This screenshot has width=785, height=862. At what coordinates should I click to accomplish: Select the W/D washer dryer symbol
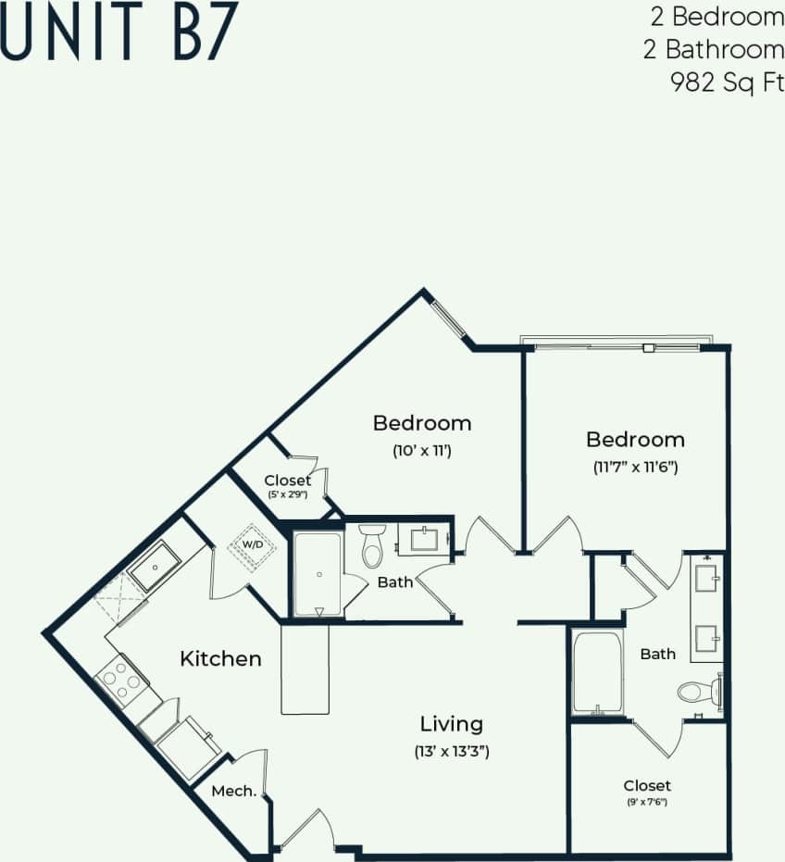(252, 544)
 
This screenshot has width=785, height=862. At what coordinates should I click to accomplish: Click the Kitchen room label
(220, 659)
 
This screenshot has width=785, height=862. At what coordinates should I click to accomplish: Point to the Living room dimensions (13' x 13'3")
(451, 752)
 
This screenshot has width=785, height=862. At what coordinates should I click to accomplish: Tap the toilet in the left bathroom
(372, 546)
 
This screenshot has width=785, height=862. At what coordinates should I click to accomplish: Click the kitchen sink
(155, 567)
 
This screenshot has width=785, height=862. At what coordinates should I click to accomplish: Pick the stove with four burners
(120, 681)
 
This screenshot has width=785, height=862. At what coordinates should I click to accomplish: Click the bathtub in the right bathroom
(597, 672)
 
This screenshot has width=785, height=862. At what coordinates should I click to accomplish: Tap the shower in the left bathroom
(318, 574)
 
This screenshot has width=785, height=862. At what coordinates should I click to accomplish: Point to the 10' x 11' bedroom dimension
(421, 452)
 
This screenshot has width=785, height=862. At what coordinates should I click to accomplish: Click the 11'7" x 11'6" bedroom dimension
(635, 468)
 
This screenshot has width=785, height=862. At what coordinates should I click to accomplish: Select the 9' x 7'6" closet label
(647, 802)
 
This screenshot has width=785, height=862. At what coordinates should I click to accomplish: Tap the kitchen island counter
(305, 668)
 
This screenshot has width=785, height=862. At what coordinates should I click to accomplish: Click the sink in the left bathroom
(425, 539)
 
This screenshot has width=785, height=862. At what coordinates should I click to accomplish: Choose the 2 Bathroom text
(713, 49)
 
